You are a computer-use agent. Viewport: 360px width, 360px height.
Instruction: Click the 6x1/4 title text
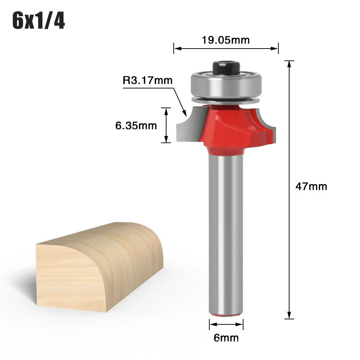38,20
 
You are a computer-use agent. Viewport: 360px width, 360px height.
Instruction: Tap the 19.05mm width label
225,40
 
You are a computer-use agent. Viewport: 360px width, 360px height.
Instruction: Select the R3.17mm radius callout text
147,80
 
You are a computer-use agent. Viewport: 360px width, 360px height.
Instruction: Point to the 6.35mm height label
136,126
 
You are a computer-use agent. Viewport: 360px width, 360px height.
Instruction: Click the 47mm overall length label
311,186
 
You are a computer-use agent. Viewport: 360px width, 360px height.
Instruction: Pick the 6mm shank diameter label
226,338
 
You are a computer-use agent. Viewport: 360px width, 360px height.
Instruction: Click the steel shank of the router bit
226,232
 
